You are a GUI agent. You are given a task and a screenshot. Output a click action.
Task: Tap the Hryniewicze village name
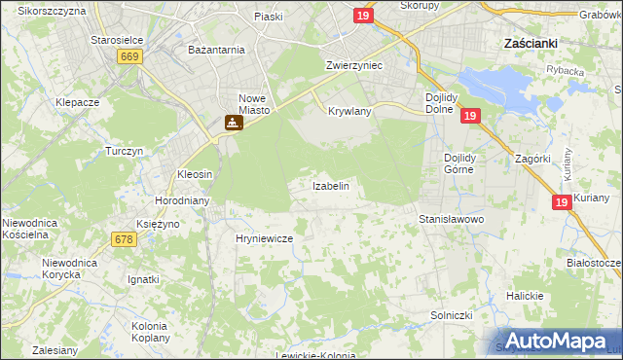coord(265,237)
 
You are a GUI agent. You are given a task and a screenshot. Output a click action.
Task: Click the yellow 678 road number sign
coord(124,239)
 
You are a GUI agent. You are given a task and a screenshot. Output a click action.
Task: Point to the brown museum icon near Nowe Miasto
coord(232,124)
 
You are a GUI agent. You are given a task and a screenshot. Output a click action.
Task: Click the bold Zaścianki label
coord(530,44)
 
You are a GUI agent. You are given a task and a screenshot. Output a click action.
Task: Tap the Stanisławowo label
coord(452,220)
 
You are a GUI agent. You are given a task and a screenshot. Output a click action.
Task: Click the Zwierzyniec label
coord(353,64)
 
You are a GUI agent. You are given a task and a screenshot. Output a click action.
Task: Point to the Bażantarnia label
coord(216,49)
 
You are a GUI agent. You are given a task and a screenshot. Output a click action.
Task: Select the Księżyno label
coord(158,224)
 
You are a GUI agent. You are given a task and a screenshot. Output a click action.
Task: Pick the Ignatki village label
coord(143,279)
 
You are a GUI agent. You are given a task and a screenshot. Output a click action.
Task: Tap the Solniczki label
coord(452,316)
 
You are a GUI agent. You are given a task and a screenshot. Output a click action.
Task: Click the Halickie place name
coord(524,296)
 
